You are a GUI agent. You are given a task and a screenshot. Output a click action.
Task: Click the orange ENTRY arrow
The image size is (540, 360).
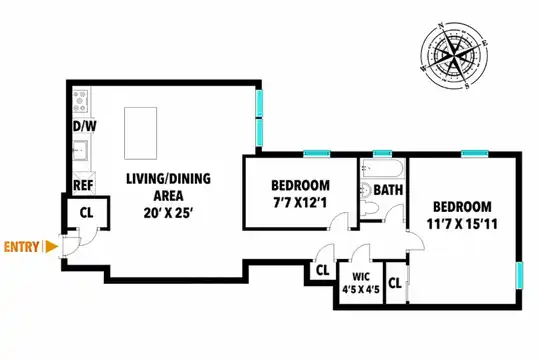tap(51, 247)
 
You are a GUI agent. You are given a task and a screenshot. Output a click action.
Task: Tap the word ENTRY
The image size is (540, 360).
tap(21, 247)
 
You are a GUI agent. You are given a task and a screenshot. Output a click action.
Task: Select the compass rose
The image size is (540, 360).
tap(454, 55)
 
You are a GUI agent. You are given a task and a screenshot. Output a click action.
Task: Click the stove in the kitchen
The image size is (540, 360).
tap(80, 101)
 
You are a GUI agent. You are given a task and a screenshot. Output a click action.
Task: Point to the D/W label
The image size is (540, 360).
tap(85, 126)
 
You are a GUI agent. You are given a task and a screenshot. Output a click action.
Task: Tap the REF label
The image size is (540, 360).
tap(83, 185)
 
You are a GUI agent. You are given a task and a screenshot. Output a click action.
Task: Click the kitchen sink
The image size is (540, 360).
tap(80, 151)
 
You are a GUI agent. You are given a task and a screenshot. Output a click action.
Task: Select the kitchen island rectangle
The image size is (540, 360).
tap(141, 133)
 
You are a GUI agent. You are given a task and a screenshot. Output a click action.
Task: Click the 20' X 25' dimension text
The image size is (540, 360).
tap(167, 214)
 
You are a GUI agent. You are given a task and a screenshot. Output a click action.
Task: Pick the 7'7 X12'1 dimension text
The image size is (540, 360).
tap(300, 203)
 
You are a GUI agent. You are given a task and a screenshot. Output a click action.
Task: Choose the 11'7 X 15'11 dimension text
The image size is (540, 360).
tap(462, 225)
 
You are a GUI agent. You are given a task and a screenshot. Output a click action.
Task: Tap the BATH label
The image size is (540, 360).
tap(388, 190)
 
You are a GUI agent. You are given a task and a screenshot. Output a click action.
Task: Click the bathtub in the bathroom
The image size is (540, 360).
tap(382, 168)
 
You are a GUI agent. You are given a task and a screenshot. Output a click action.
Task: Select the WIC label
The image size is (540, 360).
tap(361, 277)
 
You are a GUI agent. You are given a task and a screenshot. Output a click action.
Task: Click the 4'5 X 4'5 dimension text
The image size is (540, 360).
tap(361, 289)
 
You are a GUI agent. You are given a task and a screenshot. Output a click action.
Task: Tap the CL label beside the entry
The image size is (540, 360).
tap(86, 213)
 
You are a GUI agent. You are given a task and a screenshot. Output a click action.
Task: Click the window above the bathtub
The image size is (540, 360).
tap(383, 154)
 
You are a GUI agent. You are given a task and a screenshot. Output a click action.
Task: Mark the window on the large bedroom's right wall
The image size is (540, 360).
tap(519, 275)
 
